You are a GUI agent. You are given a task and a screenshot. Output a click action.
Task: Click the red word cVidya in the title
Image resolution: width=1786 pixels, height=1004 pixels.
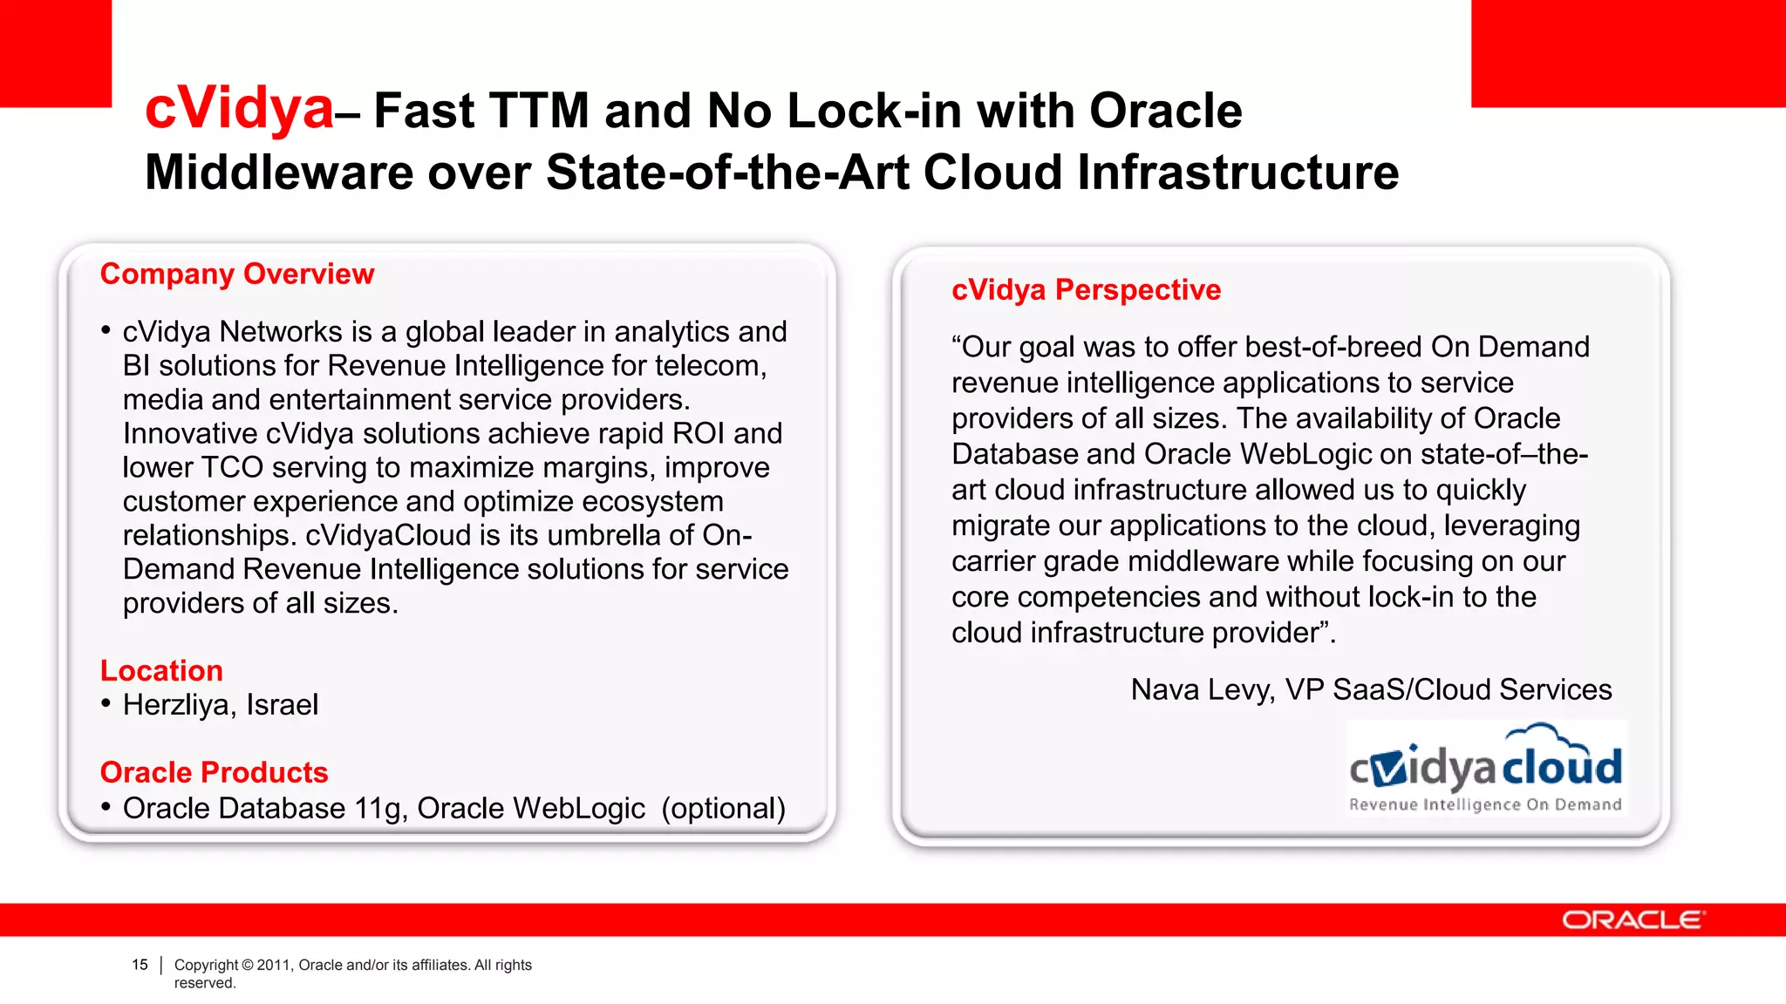pos(239,110)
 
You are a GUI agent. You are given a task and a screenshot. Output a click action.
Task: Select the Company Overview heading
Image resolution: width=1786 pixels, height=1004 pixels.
pos(237,275)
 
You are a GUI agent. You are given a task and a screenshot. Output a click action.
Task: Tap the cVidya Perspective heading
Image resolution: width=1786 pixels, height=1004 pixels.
pos(1086,290)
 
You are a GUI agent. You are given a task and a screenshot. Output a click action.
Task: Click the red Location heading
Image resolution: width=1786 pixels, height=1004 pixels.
pos(161,671)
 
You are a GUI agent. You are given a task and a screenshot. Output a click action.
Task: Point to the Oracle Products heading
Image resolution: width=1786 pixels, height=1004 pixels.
pos(214,773)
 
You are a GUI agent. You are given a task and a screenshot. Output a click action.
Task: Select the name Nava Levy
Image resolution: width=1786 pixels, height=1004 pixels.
pos(1203,690)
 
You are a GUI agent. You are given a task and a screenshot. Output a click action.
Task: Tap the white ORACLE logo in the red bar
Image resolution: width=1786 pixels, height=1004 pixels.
pos(1633,920)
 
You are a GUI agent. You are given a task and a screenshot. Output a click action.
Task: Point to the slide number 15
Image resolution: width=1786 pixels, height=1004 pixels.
pos(140,965)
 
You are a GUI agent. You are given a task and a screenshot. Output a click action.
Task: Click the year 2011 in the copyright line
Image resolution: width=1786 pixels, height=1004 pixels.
pos(273,965)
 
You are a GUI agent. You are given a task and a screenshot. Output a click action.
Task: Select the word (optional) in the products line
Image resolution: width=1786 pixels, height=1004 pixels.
pos(723,809)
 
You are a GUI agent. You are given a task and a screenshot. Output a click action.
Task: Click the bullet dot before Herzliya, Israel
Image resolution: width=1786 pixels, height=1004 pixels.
pos(106,703)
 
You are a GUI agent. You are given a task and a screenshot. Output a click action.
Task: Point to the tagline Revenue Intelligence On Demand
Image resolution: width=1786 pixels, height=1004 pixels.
pos(1485,804)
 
